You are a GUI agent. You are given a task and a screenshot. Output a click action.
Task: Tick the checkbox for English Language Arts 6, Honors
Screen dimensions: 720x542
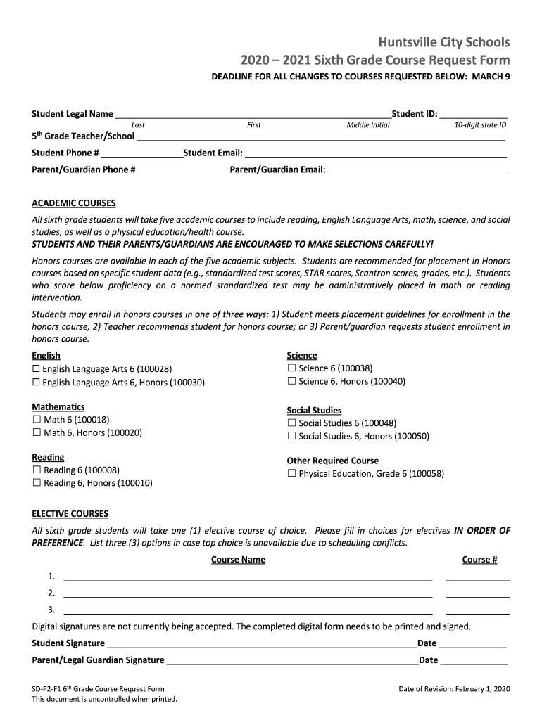[x=37, y=382]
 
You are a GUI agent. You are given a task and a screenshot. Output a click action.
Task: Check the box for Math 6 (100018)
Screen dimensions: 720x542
[x=37, y=420]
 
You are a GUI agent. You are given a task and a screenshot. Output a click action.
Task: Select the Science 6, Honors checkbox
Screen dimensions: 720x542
[x=291, y=381]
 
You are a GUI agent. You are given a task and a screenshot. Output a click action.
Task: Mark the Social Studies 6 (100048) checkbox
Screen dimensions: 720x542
[x=291, y=423]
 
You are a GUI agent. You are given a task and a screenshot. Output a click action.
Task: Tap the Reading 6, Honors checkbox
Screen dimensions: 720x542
[x=37, y=483]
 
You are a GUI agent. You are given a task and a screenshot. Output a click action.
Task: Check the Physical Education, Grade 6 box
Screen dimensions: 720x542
[x=291, y=474]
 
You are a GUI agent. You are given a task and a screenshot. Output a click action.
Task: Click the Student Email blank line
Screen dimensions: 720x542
[x=375, y=153]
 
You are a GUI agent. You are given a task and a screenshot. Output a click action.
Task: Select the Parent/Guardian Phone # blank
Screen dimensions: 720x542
[x=184, y=170]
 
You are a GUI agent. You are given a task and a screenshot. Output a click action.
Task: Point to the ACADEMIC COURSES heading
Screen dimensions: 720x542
[x=74, y=203]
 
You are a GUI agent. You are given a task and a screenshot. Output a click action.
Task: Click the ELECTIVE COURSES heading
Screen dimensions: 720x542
[x=70, y=514]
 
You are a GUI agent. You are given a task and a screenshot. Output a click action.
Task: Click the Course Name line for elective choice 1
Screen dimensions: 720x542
[x=248, y=577]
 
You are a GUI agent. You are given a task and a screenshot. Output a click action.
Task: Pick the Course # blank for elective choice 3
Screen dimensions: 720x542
[x=477, y=610]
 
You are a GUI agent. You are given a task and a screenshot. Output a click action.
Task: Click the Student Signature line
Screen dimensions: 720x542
[x=261, y=643]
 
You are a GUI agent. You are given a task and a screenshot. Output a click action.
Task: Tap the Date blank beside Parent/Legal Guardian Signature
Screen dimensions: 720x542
[x=474, y=660]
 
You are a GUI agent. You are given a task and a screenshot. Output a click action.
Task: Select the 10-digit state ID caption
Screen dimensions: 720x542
[x=480, y=125]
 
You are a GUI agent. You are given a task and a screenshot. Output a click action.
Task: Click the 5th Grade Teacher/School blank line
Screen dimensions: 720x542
[x=321, y=136]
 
